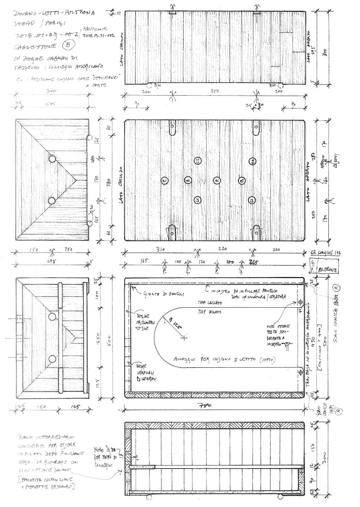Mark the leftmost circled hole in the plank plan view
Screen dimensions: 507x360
(164, 181)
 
